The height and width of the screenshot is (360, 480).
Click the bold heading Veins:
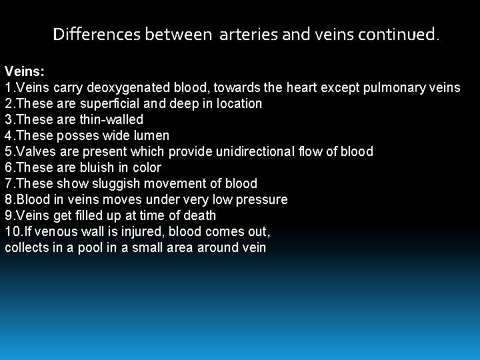tap(23, 71)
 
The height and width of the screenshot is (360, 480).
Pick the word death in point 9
tap(199, 215)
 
